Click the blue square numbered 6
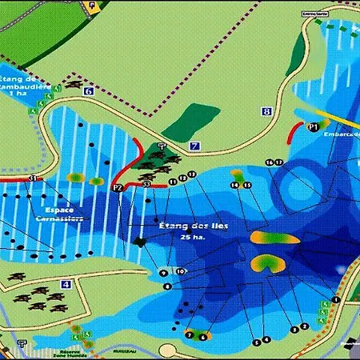[x=87, y=91]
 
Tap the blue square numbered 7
[x=194, y=146]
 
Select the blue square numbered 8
[x=266, y=112]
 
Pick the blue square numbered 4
[x=66, y=284]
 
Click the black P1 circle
[x=314, y=126]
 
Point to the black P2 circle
[x=117, y=188]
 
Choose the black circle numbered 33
[x=146, y=185]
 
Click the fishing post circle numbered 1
[x=336, y=300]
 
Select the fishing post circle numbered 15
[x=247, y=186]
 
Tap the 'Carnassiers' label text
[x=58, y=217]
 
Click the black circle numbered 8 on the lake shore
[x=167, y=286]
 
